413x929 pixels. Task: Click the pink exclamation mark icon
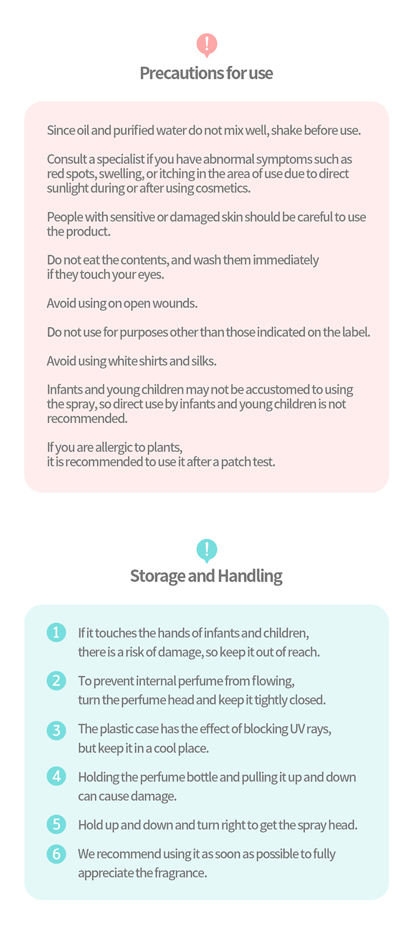click(x=206, y=45)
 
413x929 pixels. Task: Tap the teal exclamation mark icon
click(x=206, y=550)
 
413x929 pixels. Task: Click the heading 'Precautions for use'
click(x=206, y=73)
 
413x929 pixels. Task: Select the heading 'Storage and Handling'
click(x=206, y=576)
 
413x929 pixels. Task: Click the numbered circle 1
click(x=56, y=632)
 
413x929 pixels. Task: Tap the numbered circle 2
click(x=56, y=681)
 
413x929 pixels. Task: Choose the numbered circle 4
click(x=56, y=777)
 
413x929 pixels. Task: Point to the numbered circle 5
click(x=56, y=824)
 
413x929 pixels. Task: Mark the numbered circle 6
click(x=56, y=854)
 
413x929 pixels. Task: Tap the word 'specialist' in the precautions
click(x=121, y=160)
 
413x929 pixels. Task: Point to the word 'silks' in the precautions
click(x=204, y=362)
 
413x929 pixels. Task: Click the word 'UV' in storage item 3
click(x=297, y=729)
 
